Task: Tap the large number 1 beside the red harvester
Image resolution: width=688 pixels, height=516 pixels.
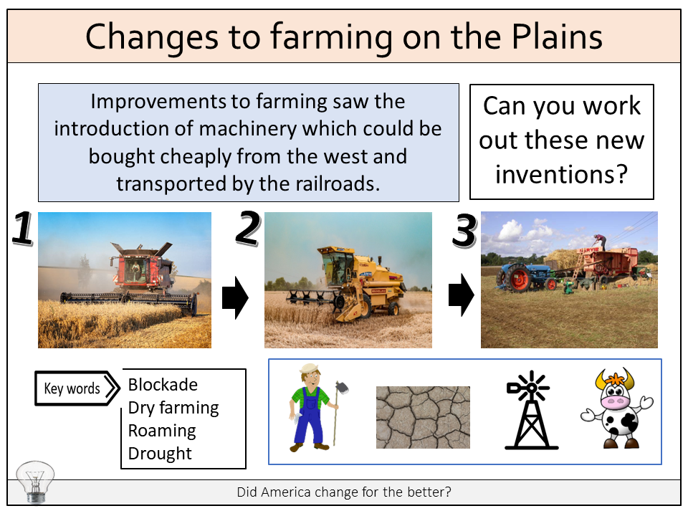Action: coord(23,227)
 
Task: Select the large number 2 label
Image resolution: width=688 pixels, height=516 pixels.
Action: coord(249,227)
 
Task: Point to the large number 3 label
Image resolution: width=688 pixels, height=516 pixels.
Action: coord(464,230)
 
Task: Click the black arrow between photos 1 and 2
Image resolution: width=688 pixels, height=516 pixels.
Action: coord(235,297)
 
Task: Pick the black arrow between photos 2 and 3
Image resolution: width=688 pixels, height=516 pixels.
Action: coord(461,295)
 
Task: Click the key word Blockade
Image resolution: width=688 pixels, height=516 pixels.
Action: coord(163,385)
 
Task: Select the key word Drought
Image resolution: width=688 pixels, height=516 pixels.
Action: coord(160,453)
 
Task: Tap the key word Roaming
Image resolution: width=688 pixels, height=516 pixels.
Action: coord(162,431)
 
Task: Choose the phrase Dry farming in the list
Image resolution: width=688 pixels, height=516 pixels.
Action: coord(173,408)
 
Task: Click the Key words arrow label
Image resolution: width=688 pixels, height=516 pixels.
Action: coord(77,388)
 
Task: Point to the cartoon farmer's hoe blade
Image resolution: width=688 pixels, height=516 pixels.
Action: coord(342,388)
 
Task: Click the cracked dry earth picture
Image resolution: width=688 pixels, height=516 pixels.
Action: coord(423,417)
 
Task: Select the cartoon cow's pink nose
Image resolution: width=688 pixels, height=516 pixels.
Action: coord(614,401)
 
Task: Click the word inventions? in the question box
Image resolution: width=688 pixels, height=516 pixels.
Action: coord(562,175)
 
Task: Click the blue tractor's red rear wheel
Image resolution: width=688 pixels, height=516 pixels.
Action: coord(519,279)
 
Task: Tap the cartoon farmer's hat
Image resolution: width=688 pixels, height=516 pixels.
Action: coord(310,368)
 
